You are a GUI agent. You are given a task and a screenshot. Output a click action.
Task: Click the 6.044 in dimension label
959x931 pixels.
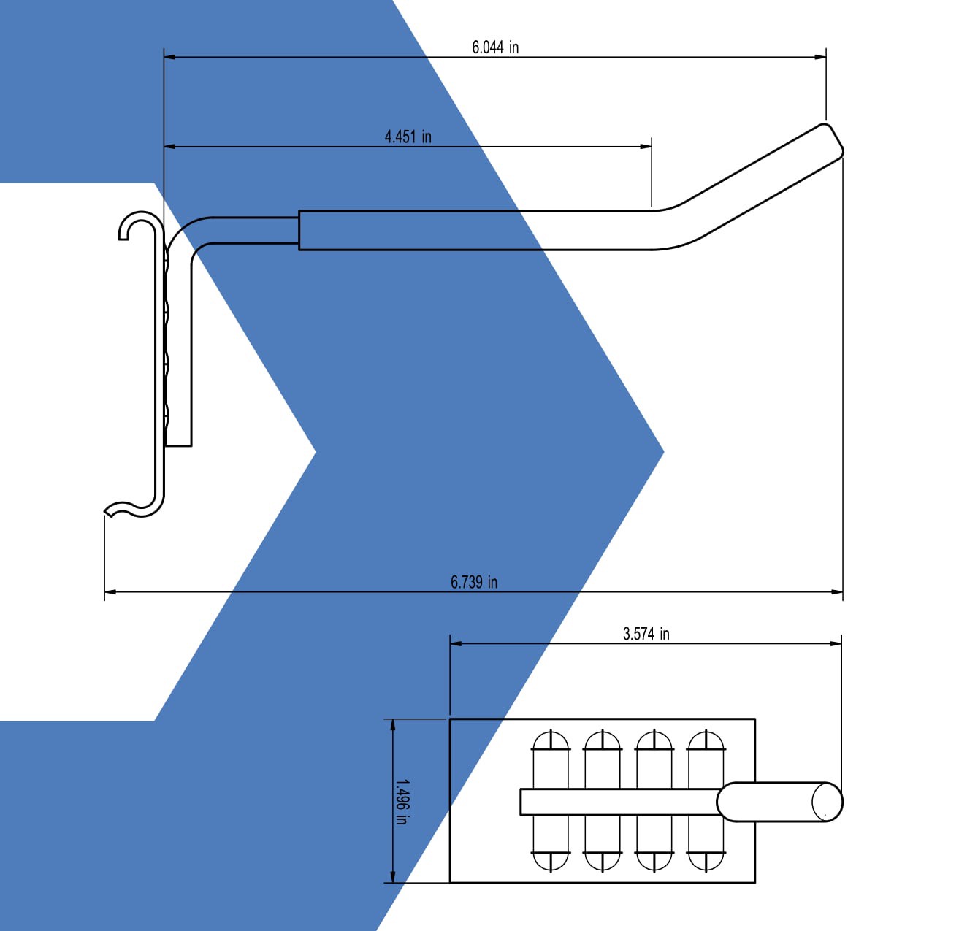[x=495, y=47]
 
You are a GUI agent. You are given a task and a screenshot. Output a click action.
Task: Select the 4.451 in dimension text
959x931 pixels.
[x=408, y=137]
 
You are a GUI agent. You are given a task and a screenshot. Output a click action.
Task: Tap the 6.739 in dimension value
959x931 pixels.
[x=474, y=582]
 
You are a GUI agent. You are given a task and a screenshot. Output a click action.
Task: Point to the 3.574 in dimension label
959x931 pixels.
[x=646, y=634]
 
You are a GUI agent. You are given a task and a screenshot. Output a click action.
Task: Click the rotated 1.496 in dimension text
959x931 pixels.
[x=400, y=801]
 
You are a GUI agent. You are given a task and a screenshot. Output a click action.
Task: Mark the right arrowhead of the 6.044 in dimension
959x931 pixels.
[x=821, y=56]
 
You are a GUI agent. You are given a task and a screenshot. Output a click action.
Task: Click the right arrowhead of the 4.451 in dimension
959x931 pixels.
[x=646, y=146]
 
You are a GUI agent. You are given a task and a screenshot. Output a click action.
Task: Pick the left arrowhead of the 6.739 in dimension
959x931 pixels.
[x=110, y=591]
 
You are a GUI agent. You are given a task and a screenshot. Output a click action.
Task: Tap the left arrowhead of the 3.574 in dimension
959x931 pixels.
[x=455, y=644]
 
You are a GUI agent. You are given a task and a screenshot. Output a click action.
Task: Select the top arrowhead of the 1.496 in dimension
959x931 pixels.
[x=394, y=724]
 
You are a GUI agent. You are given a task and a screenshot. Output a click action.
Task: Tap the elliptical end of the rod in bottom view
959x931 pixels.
[x=827, y=802]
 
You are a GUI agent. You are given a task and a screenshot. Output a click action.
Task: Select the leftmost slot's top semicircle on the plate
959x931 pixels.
[x=551, y=741]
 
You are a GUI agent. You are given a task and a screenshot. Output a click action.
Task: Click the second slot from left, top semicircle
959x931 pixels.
[x=603, y=741]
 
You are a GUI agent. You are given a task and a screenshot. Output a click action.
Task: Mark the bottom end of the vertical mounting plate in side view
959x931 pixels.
[x=178, y=444]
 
